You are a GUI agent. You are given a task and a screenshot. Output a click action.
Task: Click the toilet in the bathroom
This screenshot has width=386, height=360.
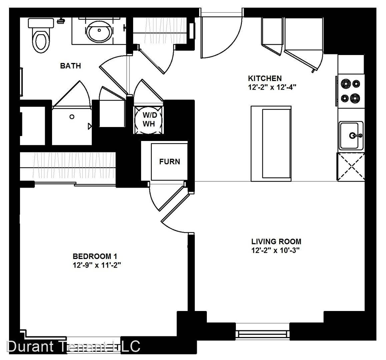point(41,35)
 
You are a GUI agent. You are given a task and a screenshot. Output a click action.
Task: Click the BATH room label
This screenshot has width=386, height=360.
point(70,66)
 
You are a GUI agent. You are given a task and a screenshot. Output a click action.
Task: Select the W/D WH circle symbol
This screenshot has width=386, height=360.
point(148,120)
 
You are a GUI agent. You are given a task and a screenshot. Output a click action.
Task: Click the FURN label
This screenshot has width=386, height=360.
point(169,162)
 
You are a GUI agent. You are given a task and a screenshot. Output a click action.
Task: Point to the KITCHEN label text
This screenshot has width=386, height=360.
point(265,78)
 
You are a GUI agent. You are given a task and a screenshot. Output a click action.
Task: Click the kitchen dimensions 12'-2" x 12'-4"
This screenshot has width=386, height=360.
point(272,87)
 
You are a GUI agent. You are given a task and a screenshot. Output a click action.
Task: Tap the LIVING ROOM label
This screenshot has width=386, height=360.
point(276,241)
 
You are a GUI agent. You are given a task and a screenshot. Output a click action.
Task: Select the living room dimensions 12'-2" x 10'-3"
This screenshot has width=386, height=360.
point(275,250)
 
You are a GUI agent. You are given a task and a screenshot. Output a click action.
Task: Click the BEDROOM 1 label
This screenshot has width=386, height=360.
point(95,256)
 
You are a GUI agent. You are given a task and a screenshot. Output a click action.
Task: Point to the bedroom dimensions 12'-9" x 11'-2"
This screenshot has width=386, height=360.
point(97,265)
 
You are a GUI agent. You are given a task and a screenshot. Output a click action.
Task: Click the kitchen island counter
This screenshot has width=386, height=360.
point(271,144)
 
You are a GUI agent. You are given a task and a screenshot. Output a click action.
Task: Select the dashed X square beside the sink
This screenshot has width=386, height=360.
point(351,167)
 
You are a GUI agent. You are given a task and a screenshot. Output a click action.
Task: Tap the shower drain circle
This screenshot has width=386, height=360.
point(72,117)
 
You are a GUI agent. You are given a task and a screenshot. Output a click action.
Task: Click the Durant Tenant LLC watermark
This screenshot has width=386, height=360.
point(73,346)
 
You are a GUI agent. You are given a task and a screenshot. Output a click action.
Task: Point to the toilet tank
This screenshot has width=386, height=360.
point(41,23)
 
